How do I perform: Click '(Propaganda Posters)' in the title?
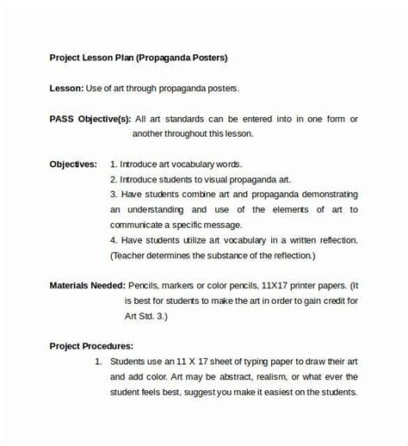(186, 58)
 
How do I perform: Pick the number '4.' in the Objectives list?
(114, 240)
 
